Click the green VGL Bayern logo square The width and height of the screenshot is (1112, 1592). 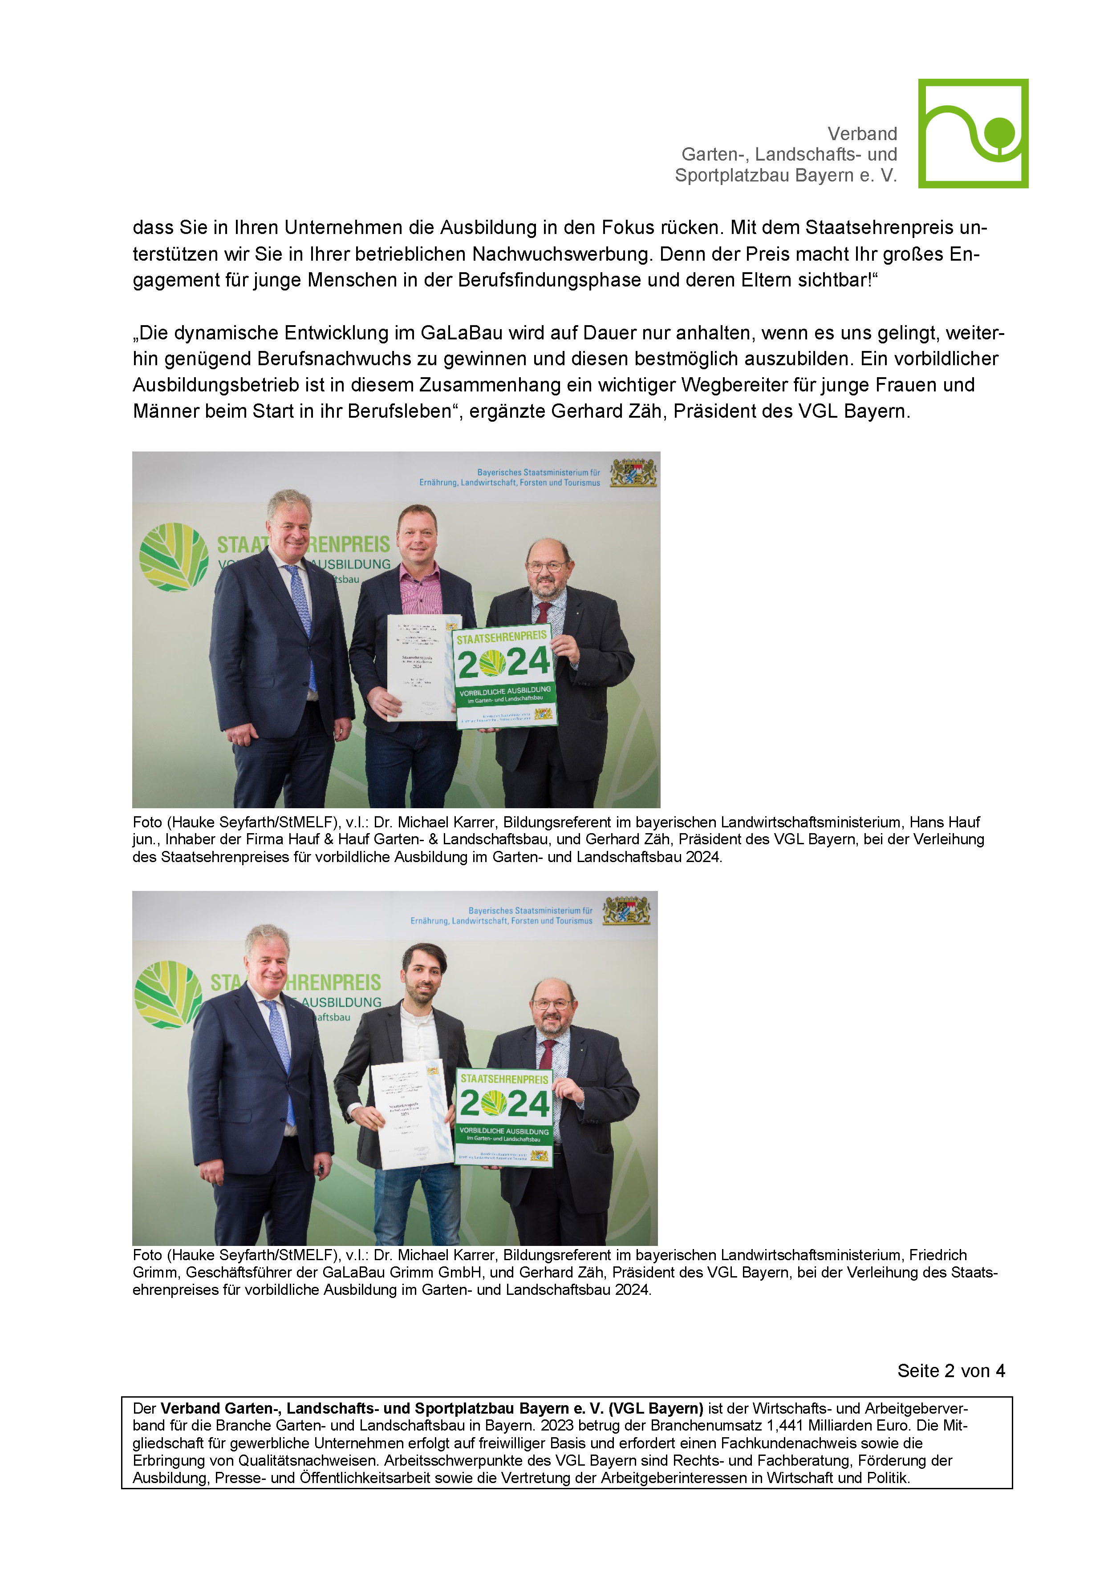973,133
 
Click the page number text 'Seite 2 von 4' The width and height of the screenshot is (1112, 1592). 950,1371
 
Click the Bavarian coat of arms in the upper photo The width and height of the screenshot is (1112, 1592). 633,472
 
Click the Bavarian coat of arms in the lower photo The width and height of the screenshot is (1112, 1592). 626,911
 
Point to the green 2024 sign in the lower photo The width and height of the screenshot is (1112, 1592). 504,1116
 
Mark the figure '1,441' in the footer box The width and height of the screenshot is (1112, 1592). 787,1426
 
